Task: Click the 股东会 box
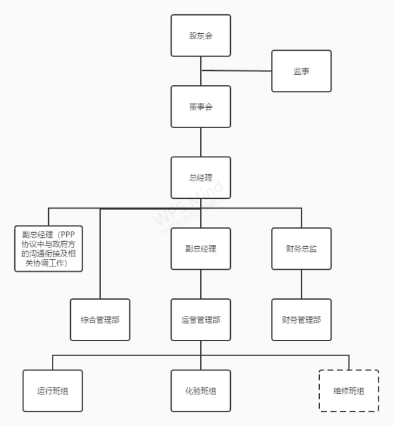pyautogui.click(x=201, y=35)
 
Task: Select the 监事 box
pyautogui.click(x=301, y=71)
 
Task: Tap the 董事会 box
pyautogui.click(x=201, y=106)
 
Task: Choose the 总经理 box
pyautogui.click(x=201, y=177)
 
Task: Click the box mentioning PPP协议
pyautogui.click(x=49, y=248)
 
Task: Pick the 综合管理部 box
pyautogui.click(x=100, y=320)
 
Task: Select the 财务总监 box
pyautogui.click(x=301, y=248)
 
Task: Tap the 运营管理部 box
pyautogui.click(x=201, y=320)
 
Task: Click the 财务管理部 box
pyautogui.click(x=301, y=320)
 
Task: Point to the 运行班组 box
pyautogui.click(x=53, y=391)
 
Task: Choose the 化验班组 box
pyautogui.click(x=201, y=391)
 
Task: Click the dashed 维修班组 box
pyautogui.click(x=348, y=391)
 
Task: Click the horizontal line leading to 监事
pyautogui.click(x=237, y=71)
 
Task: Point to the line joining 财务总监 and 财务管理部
pyautogui.click(x=301, y=284)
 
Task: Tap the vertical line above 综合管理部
pyautogui.click(x=100, y=253)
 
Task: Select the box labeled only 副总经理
pyautogui.click(x=201, y=248)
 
